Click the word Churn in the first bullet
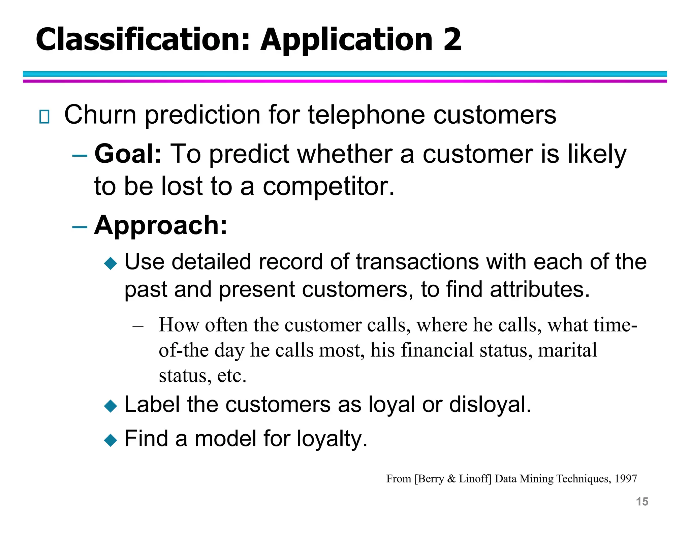[100, 115]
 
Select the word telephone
[366, 115]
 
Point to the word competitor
[328, 186]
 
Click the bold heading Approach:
[161, 225]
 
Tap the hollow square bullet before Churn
[44, 117]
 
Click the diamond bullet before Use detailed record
[111, 263]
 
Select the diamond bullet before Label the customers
[111, 406]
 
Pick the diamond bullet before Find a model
[111, 440]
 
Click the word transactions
[417, 262]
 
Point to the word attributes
[539, 289]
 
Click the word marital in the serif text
[567, 350]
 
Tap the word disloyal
[490, 404]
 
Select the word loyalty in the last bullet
[332, 439]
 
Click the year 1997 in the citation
[626, 479]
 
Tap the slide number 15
[642, 502]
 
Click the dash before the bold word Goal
[80, 156]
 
